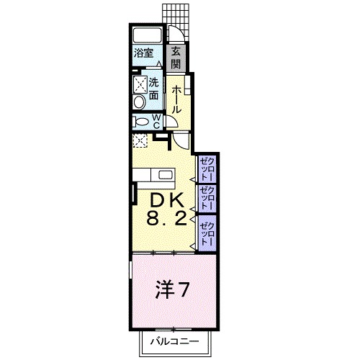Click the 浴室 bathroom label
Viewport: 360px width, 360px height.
[x=143, y=53]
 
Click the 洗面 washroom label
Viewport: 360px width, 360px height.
[x=153, y=88]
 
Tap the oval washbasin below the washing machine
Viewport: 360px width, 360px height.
[x=139, y=102]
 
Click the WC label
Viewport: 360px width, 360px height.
[x=156, y=120]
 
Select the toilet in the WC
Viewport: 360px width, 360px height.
[x=140, y=121]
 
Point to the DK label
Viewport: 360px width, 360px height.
[x=166, y=199]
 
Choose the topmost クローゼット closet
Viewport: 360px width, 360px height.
[x=207, y=168]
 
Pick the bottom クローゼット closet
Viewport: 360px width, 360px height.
[x=207, y=230]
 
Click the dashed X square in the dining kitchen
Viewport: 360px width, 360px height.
[x=140, y=140]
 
